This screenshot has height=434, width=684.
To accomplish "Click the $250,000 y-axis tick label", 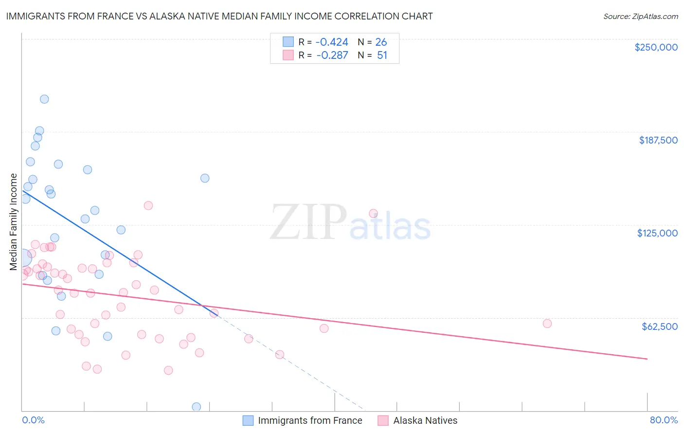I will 656,47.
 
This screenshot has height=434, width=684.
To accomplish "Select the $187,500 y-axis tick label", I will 658,140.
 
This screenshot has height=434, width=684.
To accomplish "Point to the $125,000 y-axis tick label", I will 657,233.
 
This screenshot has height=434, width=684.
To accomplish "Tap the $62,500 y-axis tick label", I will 659,326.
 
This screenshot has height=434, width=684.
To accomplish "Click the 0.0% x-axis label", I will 33,420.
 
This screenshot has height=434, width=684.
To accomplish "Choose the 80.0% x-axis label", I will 664,420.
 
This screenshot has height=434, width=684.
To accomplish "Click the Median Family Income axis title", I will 14,222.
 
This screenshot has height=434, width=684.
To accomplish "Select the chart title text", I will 219,16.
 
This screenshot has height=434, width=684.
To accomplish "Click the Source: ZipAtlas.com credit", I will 640,17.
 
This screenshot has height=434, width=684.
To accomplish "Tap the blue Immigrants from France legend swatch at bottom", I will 248,420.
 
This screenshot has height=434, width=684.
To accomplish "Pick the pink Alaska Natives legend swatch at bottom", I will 383,420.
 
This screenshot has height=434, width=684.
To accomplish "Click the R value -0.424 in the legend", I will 332,42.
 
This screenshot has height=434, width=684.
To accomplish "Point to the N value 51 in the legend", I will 382,55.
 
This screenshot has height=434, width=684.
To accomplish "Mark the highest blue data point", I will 44,99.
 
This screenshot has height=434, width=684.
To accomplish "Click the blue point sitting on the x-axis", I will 197,407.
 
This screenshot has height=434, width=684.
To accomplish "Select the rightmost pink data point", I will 547,324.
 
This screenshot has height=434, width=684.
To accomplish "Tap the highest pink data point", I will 148,205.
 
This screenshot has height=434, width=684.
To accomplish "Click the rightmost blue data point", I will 205,178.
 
